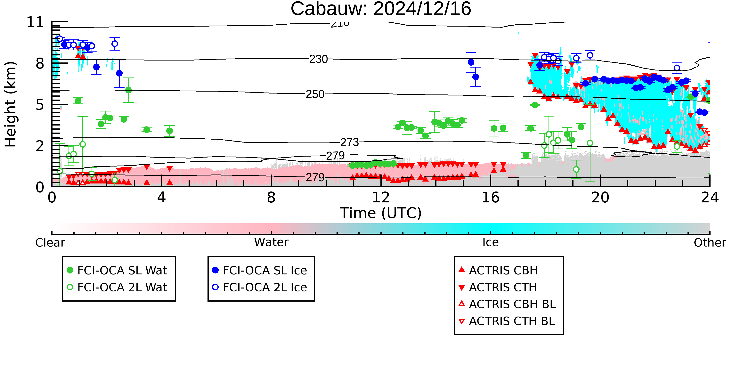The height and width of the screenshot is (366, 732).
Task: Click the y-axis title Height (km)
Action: (11, 104)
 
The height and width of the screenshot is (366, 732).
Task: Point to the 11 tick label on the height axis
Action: (36, 22)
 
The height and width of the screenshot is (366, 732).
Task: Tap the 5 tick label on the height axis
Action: (40, 105)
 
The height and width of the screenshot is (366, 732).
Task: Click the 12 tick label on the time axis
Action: (381, 198)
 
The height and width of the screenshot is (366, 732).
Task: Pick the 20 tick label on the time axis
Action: (600, 198)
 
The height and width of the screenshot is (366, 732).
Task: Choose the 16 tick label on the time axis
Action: (491, 198)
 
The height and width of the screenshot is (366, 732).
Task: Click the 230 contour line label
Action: (319, 59)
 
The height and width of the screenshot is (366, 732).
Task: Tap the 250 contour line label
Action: (315, 94)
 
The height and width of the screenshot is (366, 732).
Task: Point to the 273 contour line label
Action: (350, 142)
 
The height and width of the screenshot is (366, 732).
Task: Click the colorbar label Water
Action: (271, 242)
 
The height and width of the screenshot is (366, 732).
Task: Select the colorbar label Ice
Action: (491, 242)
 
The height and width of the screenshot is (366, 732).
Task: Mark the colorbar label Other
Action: (710, 243)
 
